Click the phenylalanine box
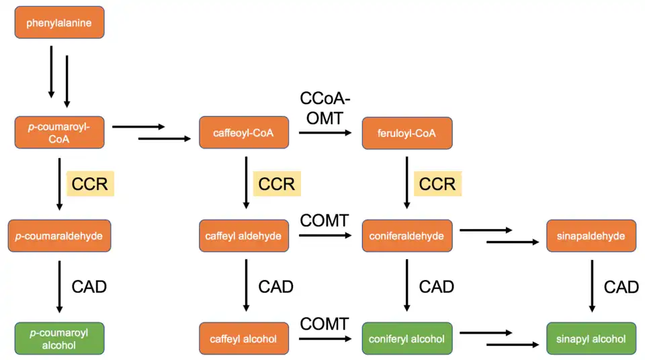click(59, 23)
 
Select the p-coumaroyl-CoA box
click(59, 132)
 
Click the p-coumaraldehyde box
click(59, 236)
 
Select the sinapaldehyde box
click(591, 236)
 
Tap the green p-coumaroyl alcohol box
click(59, 339)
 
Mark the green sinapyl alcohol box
click(591, 339)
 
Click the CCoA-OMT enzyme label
click(325, 109)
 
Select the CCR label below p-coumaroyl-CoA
click(90, 183)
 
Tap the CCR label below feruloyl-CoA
click(437, 183)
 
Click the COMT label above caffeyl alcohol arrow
click(325, 324)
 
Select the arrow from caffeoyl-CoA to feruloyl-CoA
click(325, 133)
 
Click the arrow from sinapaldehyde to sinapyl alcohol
click(592, 285)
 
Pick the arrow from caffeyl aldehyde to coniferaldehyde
click(325, 236)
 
